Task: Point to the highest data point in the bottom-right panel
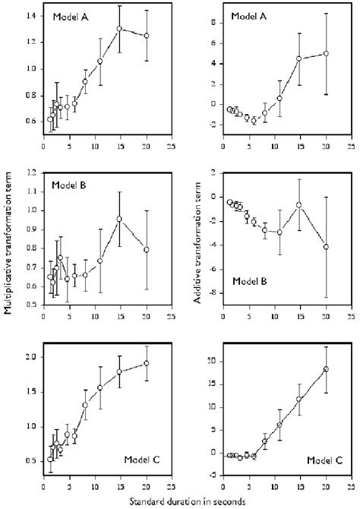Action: [x=326, y=369]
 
